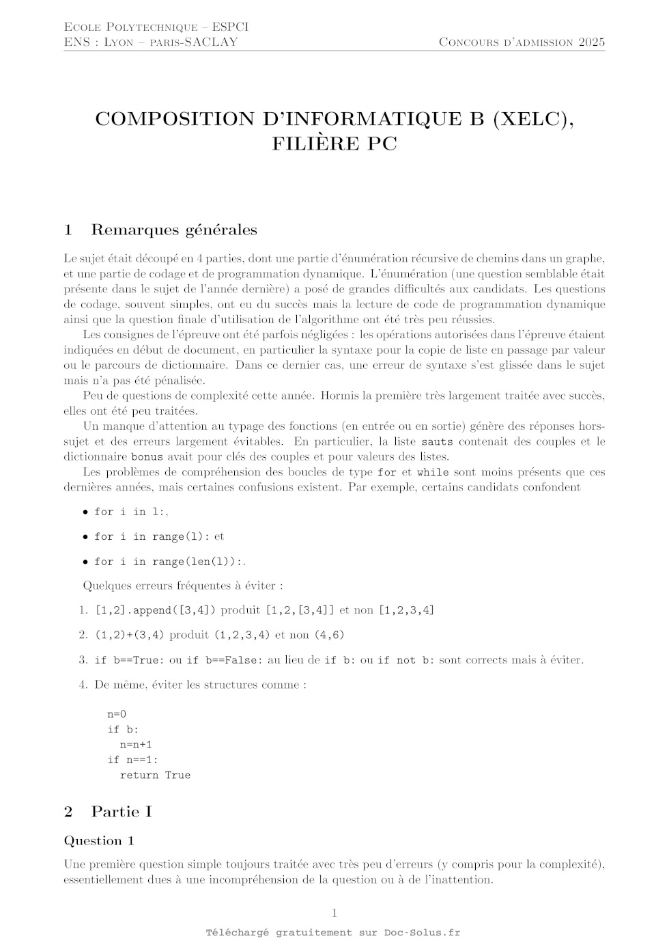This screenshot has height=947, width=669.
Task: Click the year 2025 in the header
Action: coord(592,42)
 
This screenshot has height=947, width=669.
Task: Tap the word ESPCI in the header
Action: coord(230,27)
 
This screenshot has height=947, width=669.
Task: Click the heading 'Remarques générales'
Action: coord(174,230)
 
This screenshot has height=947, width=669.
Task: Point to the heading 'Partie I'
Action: coord(122,812)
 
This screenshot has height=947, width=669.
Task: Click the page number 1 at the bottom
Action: coord(334,913)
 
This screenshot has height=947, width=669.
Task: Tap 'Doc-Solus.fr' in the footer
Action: coord(422,933)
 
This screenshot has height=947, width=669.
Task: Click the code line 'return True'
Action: coord(155,775)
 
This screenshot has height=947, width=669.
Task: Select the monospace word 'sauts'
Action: coord(437,441)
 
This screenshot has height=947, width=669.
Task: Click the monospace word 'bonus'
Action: coord(147,457)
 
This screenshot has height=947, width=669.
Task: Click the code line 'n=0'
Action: coord(117,715)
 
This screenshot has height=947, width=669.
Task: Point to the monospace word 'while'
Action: coord(433,472)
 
